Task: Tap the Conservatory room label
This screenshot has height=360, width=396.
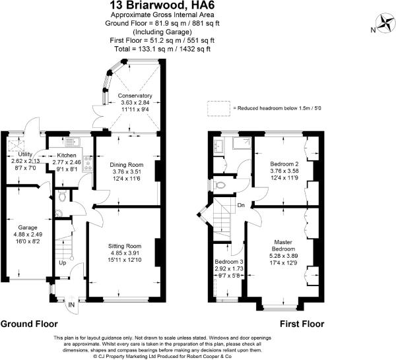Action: pyautogui.click(x=135, y=96)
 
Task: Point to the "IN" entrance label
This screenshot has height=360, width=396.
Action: pyautogui.click(x=71, y=305)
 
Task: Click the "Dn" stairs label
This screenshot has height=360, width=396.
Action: pyautogui.click(x=241, y=204)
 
